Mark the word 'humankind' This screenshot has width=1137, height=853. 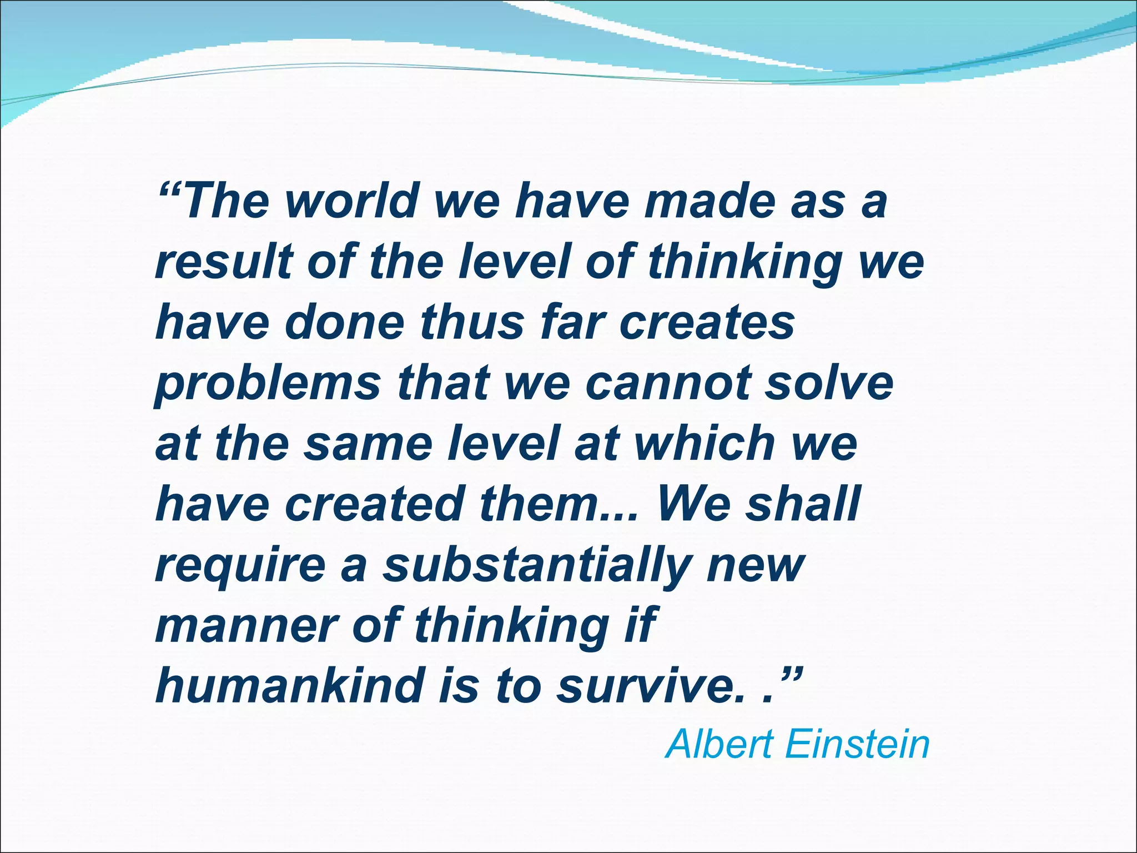[289, 686]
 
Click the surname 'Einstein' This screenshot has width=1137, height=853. [857, 745]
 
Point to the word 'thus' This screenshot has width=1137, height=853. [472, 323]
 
